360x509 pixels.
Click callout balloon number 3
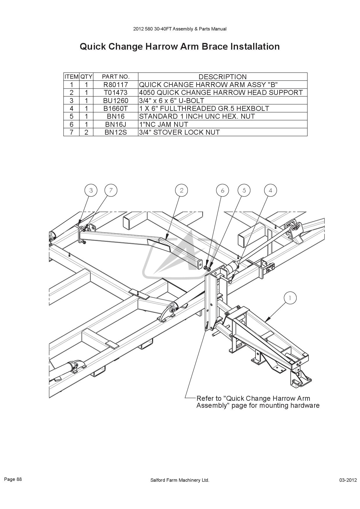pyautogui.click(x=91, y=190)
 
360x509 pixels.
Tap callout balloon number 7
pyautogui.click(x=111, y=190)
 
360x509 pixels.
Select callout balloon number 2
pyautogui.click(x=182, y=190)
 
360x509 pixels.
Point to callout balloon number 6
pyautogui.click(x=223, y=190)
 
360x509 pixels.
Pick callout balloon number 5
pyautogui.click(x=244, y=190)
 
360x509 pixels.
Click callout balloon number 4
pyautogui.click(x=271, y=190)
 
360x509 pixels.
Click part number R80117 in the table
pyautogui.click(x=116, y=85)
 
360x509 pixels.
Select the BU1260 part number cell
pyautogui.click(x=116, y=101)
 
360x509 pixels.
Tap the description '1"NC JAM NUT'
pyautogui.click(x=164, y=124)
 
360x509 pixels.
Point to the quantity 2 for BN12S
pyautogui.click(x=86, y=132)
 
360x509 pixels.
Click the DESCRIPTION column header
pyautogui.click(x=222, y=77)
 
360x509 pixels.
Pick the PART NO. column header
pyautogui.click(x=116, y=77)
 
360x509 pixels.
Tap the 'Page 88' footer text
pyautogui.click(x=13, y=479)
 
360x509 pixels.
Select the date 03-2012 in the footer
pyautogui.click(x=348, y=480)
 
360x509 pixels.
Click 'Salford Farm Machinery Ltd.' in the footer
pyautogui.click(x=180, y=480)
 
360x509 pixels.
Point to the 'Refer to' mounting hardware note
pyautogui.click(x=258, y=402)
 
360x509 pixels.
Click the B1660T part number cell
pyautogui.click(x=116, y=109)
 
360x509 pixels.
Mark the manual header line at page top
pyautogui.click(x=180, y=29)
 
